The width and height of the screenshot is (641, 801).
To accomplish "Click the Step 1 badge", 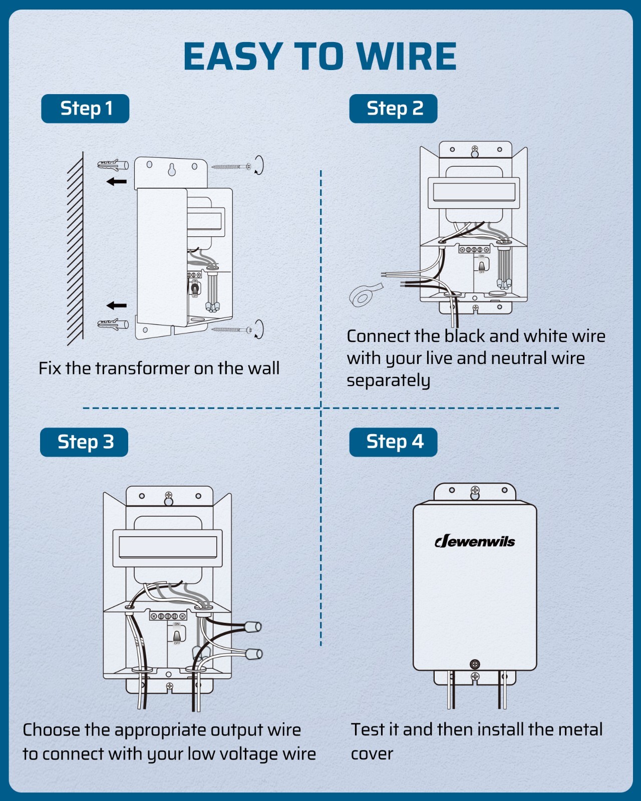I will tap(85, 109).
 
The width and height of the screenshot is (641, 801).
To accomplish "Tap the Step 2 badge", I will tap(393, 109).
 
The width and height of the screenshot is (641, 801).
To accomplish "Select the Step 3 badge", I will tap(84, 442).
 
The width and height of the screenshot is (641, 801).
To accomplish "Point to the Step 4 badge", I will tap(393, 442).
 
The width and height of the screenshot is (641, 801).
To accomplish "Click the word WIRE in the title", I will tap(406, 56).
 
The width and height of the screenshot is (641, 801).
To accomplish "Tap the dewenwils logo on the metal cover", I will tap(475, 541).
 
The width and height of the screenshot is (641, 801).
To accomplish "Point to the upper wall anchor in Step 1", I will tap(113, 165).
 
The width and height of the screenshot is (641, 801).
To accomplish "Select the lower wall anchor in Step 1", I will tap(113, 325).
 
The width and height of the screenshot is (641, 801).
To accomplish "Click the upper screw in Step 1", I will tap(231, 167).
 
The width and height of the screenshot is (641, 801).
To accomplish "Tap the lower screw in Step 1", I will tap(231, 329).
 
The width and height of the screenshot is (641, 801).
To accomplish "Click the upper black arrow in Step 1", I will tap(117, 181).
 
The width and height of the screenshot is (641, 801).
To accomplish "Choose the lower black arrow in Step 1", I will tap(117, 305).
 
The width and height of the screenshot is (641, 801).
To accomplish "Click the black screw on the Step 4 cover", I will tap(475, 664).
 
